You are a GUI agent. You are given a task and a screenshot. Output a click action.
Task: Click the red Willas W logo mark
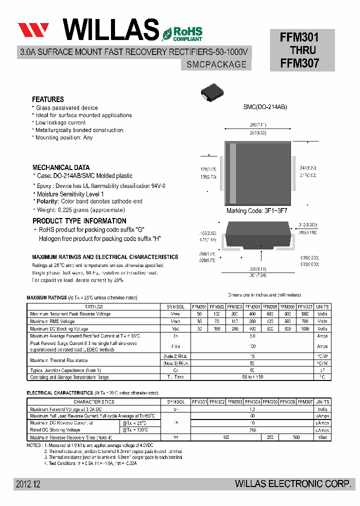click(33, 29)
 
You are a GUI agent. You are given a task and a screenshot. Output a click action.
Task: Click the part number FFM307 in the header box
click(299, 63)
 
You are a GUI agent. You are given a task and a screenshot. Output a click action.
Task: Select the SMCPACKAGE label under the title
click(216, 64)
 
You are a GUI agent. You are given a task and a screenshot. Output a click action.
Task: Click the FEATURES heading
click(48, 99)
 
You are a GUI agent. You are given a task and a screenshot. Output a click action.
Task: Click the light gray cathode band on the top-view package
click(232, 170)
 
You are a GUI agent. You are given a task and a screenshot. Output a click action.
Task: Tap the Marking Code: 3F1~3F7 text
click(257, 211)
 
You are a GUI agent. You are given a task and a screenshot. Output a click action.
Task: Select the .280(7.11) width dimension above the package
click(258, 124)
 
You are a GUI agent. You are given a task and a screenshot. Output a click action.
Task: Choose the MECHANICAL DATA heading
click(61, 167)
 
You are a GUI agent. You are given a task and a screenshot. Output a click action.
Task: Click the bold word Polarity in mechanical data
click(47, 201)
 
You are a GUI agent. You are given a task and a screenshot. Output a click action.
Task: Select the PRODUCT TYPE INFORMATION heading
click(79, 221)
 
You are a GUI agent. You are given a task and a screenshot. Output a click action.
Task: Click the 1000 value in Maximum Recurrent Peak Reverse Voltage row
click(304, 314)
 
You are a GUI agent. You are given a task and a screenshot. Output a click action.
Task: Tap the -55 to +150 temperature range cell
click(252, 377)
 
